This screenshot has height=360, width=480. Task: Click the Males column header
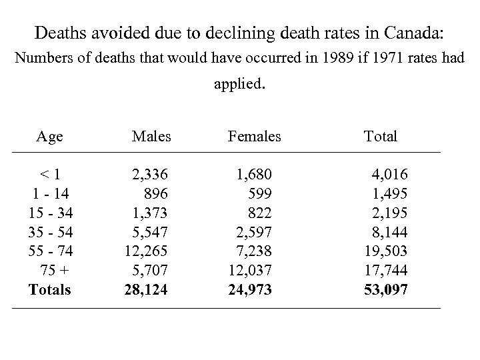coord(151,137)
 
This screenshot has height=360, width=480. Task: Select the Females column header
coord(254,137)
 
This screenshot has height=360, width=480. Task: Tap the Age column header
coord(50,137)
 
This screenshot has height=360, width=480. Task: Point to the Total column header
coord(380,137)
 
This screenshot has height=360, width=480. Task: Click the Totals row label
coord(50,290)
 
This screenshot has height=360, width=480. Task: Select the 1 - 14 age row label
coord(50,193)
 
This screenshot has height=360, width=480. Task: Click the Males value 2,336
coord(150,175)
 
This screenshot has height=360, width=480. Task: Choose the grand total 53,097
coord(386,290)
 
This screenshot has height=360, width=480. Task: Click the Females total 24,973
coord(250,290)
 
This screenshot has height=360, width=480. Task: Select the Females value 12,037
coord(250,271)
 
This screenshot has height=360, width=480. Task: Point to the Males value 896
coord(156,193)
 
